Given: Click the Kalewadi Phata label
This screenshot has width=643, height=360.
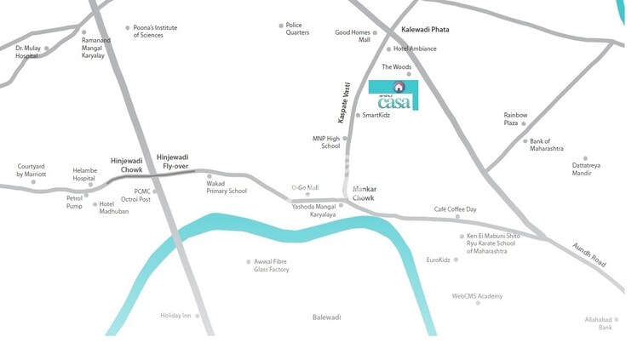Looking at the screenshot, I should pos(425,30).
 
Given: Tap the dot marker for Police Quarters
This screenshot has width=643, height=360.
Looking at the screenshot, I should pos(280,26).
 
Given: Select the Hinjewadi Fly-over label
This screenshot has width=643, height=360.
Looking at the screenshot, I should pos(172,161).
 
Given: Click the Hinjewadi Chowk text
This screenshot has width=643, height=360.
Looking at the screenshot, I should pos(126,164).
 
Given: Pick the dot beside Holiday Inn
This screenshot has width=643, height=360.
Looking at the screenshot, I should pos(198,316).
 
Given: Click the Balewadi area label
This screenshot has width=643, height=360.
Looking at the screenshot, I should pos(326,317).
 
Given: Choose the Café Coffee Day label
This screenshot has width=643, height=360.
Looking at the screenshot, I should pos(455,209).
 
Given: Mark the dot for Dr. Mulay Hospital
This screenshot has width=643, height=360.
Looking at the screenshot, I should pos(47,49).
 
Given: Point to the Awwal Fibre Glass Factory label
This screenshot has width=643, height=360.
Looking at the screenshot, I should pos(271,266).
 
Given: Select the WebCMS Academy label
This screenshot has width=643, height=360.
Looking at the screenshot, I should pos(477,296).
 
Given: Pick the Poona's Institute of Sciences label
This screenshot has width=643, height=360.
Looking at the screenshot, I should pos(155,31).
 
